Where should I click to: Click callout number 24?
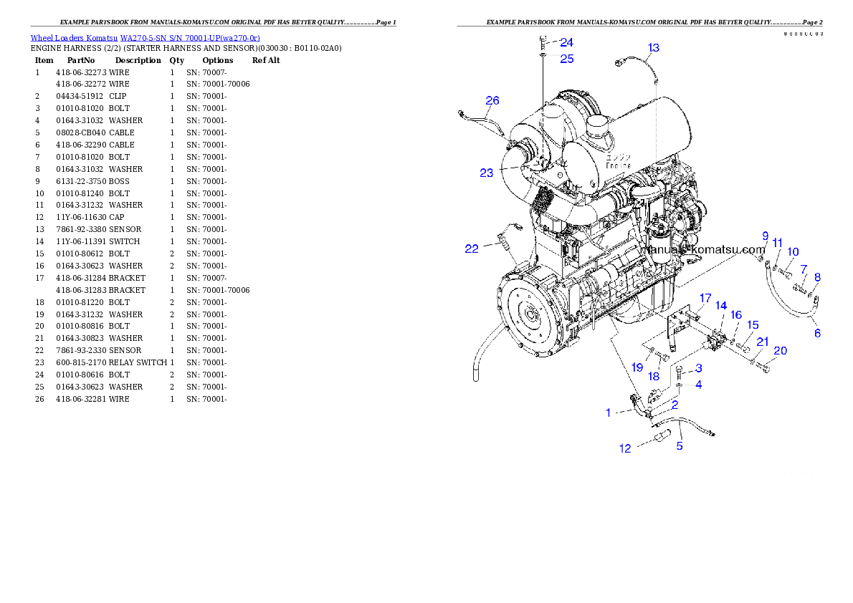click(x=566, y=43)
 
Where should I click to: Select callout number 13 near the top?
click(x=653, y=48)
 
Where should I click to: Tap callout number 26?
click(x=492, y=101)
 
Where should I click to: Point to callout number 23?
click(x=487, y=173)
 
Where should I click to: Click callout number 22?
click(x=472, y=249)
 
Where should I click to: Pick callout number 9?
click(x=765, y=236)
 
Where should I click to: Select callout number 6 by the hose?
click(x=817, y=333)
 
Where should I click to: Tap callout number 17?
click(x=705, y=299)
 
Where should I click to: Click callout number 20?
click(x=780, y=351)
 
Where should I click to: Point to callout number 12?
click(x=626, y=448)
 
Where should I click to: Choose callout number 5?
click(x=680, y=446)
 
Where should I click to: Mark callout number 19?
click(x=637, y=367)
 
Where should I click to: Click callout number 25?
click(x=566, y=59)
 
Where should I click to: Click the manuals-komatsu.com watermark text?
click(x=705, y=250)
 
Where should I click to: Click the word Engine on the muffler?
click(x=618, y=165)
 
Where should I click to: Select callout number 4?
click(x=698, y=385)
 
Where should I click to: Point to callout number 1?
click(x=609, y=413)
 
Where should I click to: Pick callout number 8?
click(x=817, y=277)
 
